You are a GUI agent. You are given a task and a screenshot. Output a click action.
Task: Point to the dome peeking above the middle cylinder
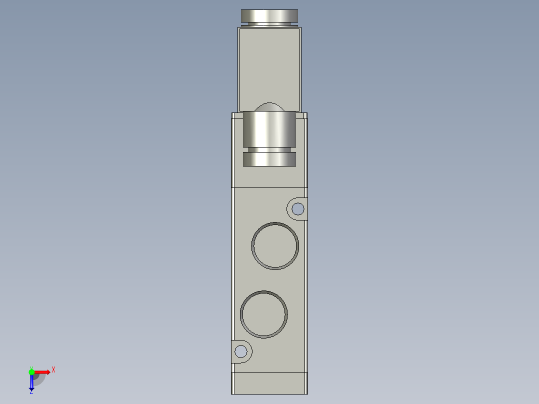click(269, 107)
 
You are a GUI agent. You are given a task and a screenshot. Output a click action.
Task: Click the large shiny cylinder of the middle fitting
click(269, 129)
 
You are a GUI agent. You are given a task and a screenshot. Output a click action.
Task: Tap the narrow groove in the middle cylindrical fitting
click(269, 149)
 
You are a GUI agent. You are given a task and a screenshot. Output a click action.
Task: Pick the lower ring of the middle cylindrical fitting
click(269, 159)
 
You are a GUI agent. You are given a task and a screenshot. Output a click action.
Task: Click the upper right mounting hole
click(298, 208)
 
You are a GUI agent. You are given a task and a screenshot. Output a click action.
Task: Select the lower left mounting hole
click(241, 351)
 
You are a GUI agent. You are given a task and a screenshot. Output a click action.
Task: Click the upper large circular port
click(275, 245)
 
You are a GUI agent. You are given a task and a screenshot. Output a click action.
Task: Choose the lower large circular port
click(263, 314)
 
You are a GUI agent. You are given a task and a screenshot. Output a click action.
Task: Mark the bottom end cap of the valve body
click(269, 383)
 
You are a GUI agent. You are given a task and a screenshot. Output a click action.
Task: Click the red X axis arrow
click(42, 371)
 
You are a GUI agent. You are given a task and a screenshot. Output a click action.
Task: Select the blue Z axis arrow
click(31, 382)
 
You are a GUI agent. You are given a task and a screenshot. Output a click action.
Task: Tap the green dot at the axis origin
click(31, 371)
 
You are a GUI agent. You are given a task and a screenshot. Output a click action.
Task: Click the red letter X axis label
click(53, 370)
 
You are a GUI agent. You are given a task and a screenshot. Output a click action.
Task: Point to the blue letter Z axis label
click(31, 392)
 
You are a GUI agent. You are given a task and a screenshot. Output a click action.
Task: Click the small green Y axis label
click(31, 367)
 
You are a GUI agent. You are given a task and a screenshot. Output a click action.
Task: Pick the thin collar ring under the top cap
click(269, 25)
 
